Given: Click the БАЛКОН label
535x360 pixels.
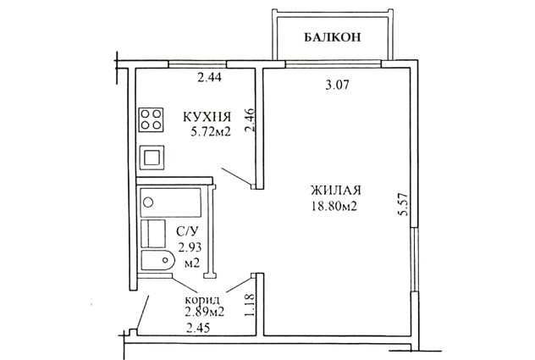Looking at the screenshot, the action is coord(332,37).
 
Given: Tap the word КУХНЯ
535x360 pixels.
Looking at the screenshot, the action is coord(207,117).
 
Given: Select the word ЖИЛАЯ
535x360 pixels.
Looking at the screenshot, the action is coord(335,190).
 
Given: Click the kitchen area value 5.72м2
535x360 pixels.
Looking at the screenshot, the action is coord(211,132).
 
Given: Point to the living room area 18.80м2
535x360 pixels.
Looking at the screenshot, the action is coord(334,206).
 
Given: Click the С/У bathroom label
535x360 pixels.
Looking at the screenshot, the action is coord(187,231).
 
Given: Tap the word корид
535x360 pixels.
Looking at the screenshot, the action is coord(202,301).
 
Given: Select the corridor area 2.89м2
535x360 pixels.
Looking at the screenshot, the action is coord(204,312).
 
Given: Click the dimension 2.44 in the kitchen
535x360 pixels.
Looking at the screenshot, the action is coord(209,78).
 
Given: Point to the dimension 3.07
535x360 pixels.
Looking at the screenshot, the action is coord(338,85).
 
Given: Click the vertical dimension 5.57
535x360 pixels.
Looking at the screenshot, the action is coord(403,204).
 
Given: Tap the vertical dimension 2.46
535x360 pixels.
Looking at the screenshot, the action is coord(250,120).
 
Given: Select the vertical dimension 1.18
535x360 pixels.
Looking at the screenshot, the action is coord(250,305).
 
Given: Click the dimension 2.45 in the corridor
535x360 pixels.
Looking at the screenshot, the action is coord(198,329).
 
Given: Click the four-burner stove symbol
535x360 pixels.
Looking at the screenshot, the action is coord(152,119).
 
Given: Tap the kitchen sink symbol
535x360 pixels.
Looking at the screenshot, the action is coord(152,158).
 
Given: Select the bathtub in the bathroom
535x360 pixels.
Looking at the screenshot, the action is coord(171,202).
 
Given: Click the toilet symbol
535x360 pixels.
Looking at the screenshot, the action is coord(158,260).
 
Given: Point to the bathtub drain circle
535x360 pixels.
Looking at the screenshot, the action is coord(148,202).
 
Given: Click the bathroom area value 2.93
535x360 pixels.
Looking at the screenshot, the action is coord(190,247).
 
